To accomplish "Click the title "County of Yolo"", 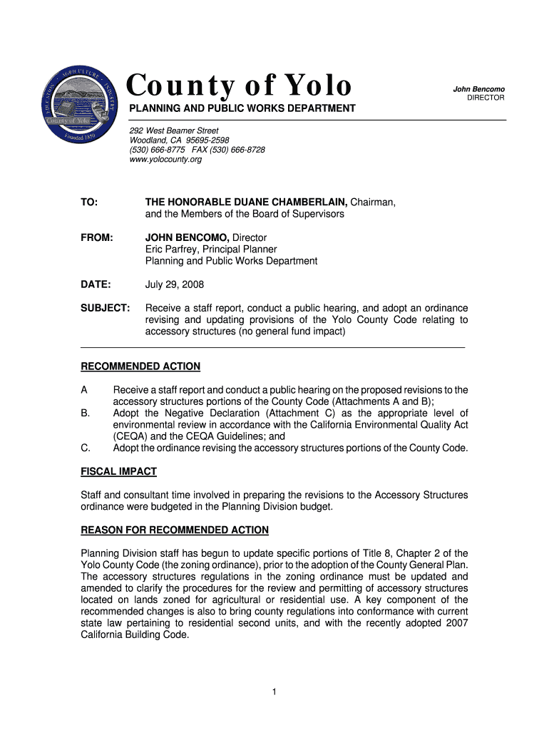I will (240, 86).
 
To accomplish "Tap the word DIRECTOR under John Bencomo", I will (486, 98).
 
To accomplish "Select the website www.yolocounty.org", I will (165, 160).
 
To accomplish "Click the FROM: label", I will (97, 237).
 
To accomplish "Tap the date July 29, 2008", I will (175, 284).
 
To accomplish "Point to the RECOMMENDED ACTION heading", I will (140, 366).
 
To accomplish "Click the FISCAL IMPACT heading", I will (118, 472).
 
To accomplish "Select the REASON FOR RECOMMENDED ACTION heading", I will (175, 530).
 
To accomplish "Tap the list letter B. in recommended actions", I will (86, 413).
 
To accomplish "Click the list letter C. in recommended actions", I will (86, 448).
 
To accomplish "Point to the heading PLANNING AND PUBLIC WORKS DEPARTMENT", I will (241, 108).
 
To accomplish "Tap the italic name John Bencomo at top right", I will (478, 88).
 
